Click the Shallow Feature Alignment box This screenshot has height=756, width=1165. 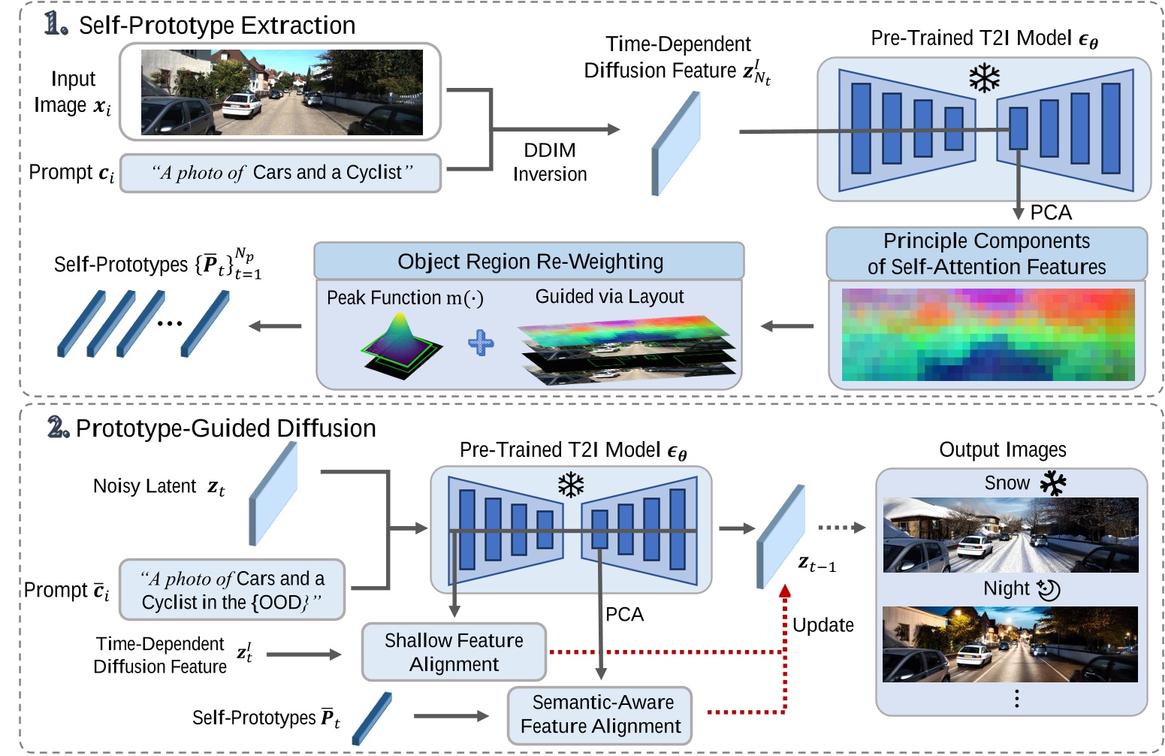454,652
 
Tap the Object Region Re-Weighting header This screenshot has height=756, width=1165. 530,262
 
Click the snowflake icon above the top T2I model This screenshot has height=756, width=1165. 984,77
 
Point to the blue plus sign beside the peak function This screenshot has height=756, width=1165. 481,343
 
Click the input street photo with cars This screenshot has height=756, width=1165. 282,92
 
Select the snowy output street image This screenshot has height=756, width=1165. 1010,535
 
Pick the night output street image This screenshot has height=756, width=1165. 1010,644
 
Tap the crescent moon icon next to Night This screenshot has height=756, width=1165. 1048,589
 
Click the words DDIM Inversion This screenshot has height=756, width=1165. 550,162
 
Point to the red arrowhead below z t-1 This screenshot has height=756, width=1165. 785,591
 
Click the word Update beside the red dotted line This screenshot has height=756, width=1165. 823,625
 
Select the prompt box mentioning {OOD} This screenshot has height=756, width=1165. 232,590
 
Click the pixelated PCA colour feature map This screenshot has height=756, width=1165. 988,334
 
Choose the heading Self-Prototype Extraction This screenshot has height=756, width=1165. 216,26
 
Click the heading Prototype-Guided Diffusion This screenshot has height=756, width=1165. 225,428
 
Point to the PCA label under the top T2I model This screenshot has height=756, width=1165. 1051,213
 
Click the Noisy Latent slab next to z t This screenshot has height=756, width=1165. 273,493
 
